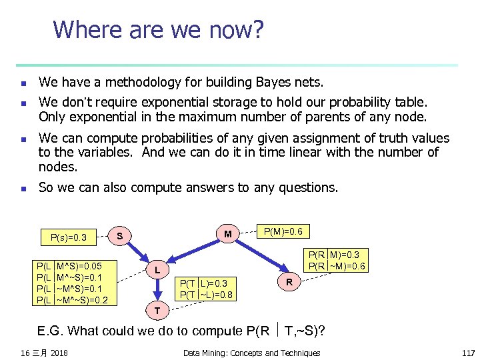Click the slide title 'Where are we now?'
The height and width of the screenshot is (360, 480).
tap(158, 30)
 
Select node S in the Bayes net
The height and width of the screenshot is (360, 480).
tap(119, 235)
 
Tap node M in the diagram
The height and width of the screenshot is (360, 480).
tap(228, 234)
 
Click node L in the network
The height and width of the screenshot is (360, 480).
tap(156, 270)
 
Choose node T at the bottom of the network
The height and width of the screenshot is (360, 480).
tap(156, 310)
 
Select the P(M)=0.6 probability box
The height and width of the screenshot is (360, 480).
tap(283, 231)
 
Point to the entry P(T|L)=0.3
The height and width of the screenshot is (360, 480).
tap(205, 283)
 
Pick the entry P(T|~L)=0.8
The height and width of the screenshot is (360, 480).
tap(205, 293)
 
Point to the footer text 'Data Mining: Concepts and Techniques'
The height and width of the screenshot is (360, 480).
tap(251, 353)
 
